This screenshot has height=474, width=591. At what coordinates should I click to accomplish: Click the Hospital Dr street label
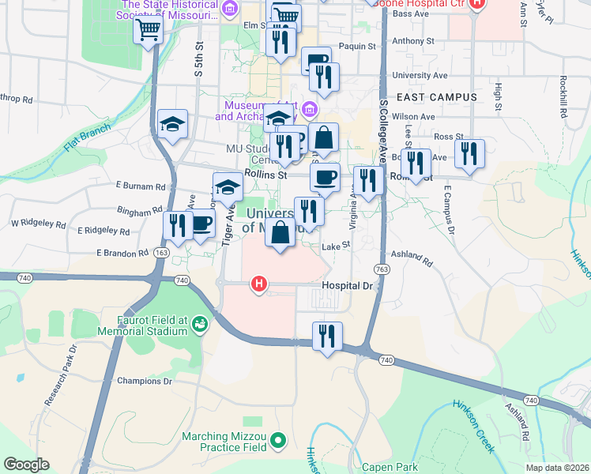[x=346, y=285]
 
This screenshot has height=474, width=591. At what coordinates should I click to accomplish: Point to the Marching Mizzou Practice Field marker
[x=277, y=440]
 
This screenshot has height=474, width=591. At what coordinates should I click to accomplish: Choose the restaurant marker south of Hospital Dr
[x=326, y=336]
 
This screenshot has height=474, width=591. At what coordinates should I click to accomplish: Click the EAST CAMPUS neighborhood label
[x=437, y=97]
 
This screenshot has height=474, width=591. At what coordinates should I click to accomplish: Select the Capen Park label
[x=390, y=467]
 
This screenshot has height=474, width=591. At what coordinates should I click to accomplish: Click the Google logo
[x=26, y=465]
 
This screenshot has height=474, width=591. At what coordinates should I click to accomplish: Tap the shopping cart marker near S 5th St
[x=148, y=31]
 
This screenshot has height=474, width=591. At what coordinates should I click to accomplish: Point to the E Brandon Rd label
[x=122, y=253]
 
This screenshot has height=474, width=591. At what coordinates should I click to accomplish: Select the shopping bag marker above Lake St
[x=280, y=233]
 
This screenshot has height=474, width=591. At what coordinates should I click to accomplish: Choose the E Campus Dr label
[x=449, y=212]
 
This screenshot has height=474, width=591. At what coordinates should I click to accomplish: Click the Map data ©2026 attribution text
[x=556, y=468]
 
